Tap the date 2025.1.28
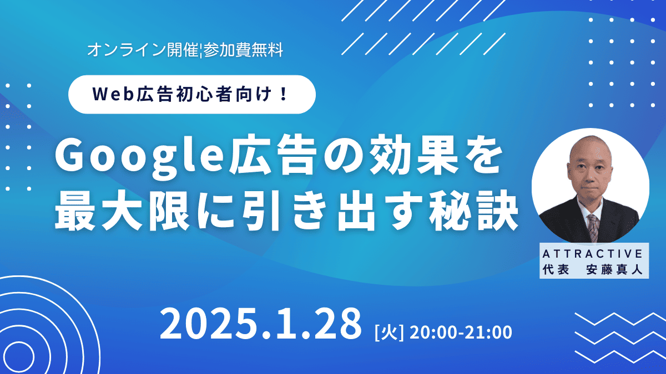261,324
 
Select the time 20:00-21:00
461,332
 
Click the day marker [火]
389,333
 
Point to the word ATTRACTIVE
593,254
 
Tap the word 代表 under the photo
556,269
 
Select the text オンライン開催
143,50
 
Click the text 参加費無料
243,50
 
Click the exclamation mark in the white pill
284,94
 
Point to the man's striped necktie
594,228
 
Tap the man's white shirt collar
590,209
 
